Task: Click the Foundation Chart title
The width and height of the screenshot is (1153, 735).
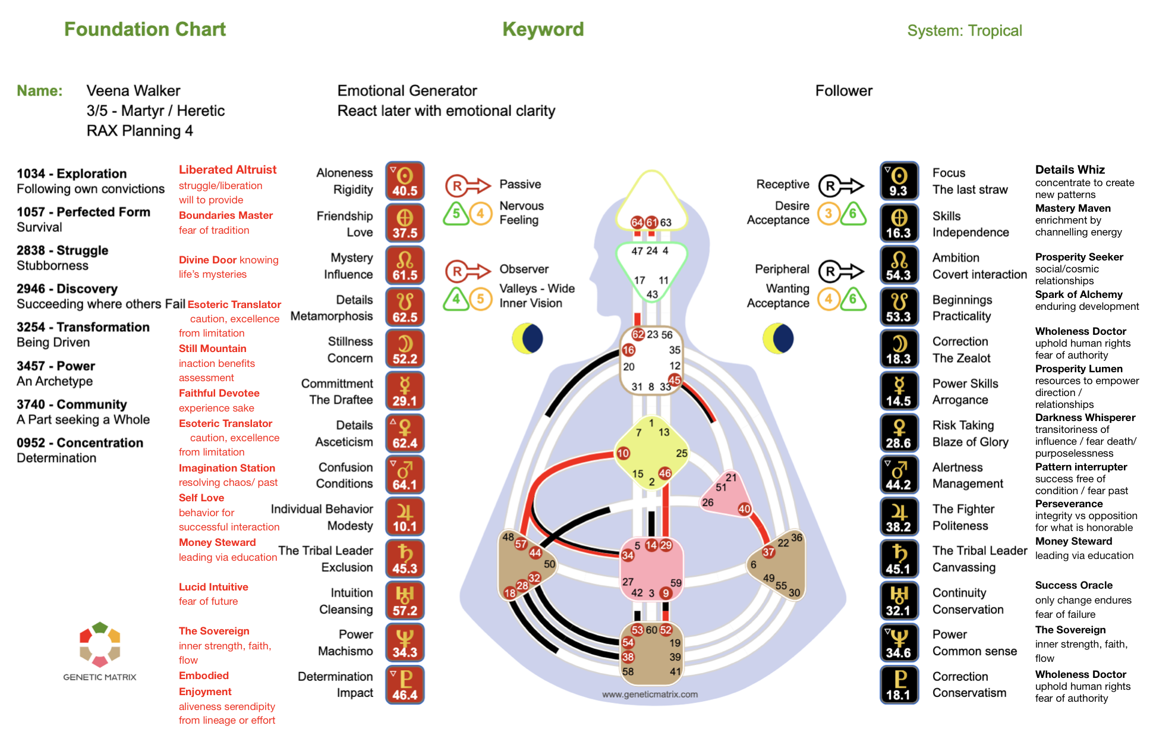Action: tap(145, 29)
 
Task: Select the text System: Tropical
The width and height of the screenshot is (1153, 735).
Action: tap(964, 30)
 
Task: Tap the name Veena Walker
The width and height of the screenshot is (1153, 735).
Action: tap(133, 90)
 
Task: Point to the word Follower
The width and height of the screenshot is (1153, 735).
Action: tap(843, 90)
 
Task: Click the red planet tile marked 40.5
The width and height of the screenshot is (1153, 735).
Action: tap(405, 181)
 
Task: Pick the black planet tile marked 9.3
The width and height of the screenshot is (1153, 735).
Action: tap(899, 181)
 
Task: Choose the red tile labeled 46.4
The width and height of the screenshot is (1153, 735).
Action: tap(405, 685)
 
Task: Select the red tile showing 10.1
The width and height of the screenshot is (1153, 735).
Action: tap(405, 517)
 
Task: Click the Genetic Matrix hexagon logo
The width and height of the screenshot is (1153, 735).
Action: tap(100, 644)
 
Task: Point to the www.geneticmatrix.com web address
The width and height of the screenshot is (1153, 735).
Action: tap(650, 694)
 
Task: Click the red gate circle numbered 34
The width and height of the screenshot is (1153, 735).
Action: tap(628, 555)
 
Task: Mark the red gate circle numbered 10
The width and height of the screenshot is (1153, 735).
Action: tap(623, 453)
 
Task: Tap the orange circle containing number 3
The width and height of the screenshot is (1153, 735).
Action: tap(828, 213)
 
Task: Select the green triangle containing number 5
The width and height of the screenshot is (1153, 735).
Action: tap(456, 213)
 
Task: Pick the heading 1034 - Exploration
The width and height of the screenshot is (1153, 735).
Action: tap(71, 174)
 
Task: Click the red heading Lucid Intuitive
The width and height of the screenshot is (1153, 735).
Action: tap(213, 587)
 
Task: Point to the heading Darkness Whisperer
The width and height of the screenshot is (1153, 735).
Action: tap(1085, 417)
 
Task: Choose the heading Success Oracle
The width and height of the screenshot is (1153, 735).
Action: tap(1073, 585)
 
